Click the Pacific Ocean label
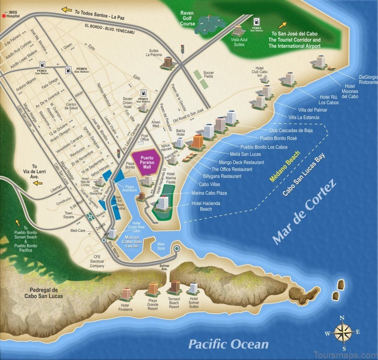click(228, 344)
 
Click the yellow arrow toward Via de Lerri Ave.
click(36, 183)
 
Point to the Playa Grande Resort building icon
click(153, 288)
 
